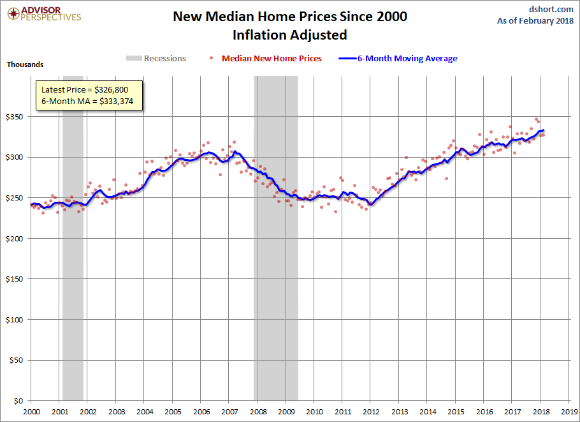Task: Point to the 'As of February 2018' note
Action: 535,21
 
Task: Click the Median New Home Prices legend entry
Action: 272,58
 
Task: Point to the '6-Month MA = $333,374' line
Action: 88,102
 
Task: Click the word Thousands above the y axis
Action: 25,64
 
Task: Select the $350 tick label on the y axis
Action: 14,117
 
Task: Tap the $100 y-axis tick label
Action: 14,320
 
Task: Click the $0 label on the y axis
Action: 18,401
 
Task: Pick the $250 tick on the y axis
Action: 14,198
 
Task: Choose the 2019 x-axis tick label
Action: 570,412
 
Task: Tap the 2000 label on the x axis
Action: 31,412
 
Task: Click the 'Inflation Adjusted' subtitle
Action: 290,34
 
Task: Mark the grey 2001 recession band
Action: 73,255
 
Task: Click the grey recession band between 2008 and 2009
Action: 277,255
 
